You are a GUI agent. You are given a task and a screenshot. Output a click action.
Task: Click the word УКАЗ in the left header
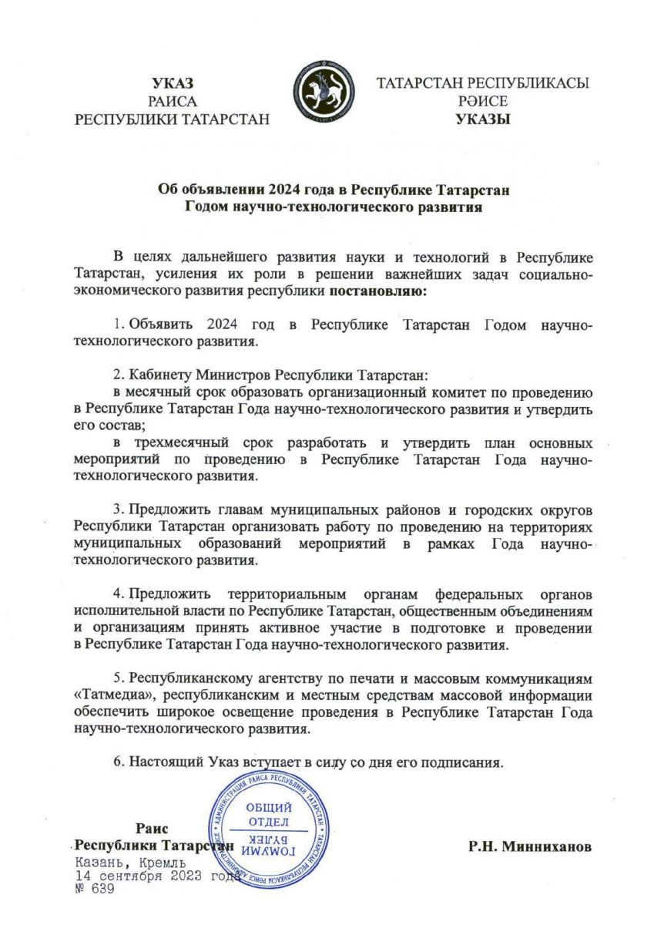point(173,84)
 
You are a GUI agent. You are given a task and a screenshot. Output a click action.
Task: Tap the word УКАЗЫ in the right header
point(483,119)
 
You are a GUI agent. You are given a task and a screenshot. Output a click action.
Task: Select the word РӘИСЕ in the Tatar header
point(483,101)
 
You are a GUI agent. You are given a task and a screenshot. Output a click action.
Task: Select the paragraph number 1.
point(118,325)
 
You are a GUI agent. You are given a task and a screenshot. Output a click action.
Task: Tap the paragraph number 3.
point(118,510)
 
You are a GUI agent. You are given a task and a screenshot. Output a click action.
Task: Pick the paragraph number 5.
point(118,678)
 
